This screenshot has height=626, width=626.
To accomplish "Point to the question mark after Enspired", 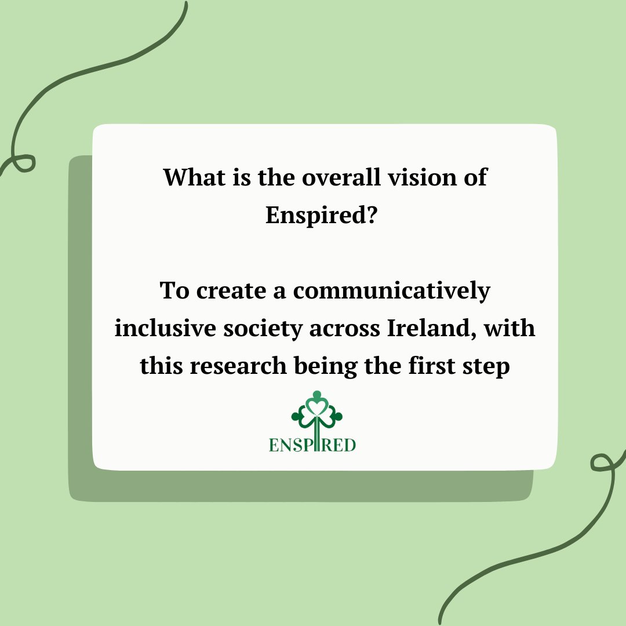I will [x=373, y=216].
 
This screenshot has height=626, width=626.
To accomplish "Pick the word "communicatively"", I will [x=391, y=291].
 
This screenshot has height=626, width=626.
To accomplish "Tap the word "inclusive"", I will [x=164, y=329].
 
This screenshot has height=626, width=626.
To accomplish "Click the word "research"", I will [x=241, y=367].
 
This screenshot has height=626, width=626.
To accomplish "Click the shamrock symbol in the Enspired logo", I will [x=317, y=412].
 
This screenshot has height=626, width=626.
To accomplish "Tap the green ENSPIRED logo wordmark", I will [x=312, y=445].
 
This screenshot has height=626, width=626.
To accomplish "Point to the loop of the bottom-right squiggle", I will [x=602, y=462].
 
